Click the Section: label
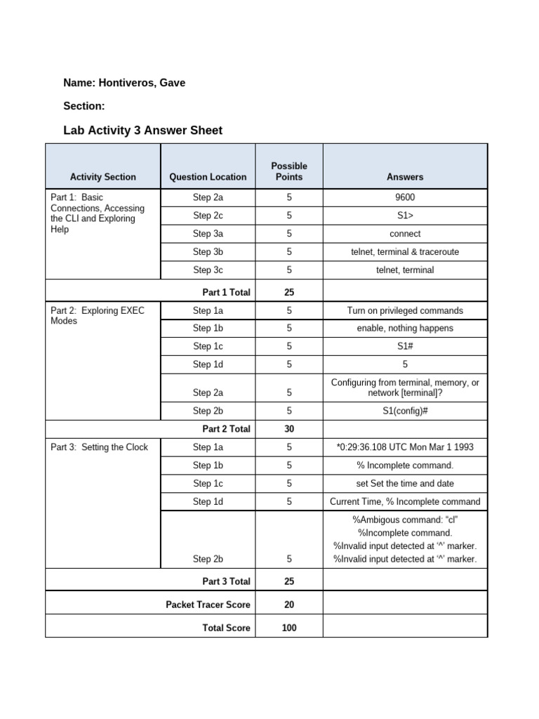click(84, 106)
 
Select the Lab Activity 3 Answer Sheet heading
click(142, 130)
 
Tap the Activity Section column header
click(103, 177)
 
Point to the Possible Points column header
click(289, 171)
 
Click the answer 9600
click(405, 198)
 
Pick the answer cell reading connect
click(405, 234)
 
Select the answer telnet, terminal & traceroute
click(405, 252)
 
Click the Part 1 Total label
click(226, 292)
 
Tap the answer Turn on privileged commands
click(405, 310)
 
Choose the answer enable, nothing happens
click(405, 328)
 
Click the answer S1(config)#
click(405, 411)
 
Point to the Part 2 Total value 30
click(289, 429)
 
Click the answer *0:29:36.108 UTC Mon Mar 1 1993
click(405, 447)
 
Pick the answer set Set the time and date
click(405, 483)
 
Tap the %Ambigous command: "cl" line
click(405, 520)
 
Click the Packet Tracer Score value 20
click(289, 604)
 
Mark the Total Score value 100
click(289, 628)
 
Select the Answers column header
click(405, 177)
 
